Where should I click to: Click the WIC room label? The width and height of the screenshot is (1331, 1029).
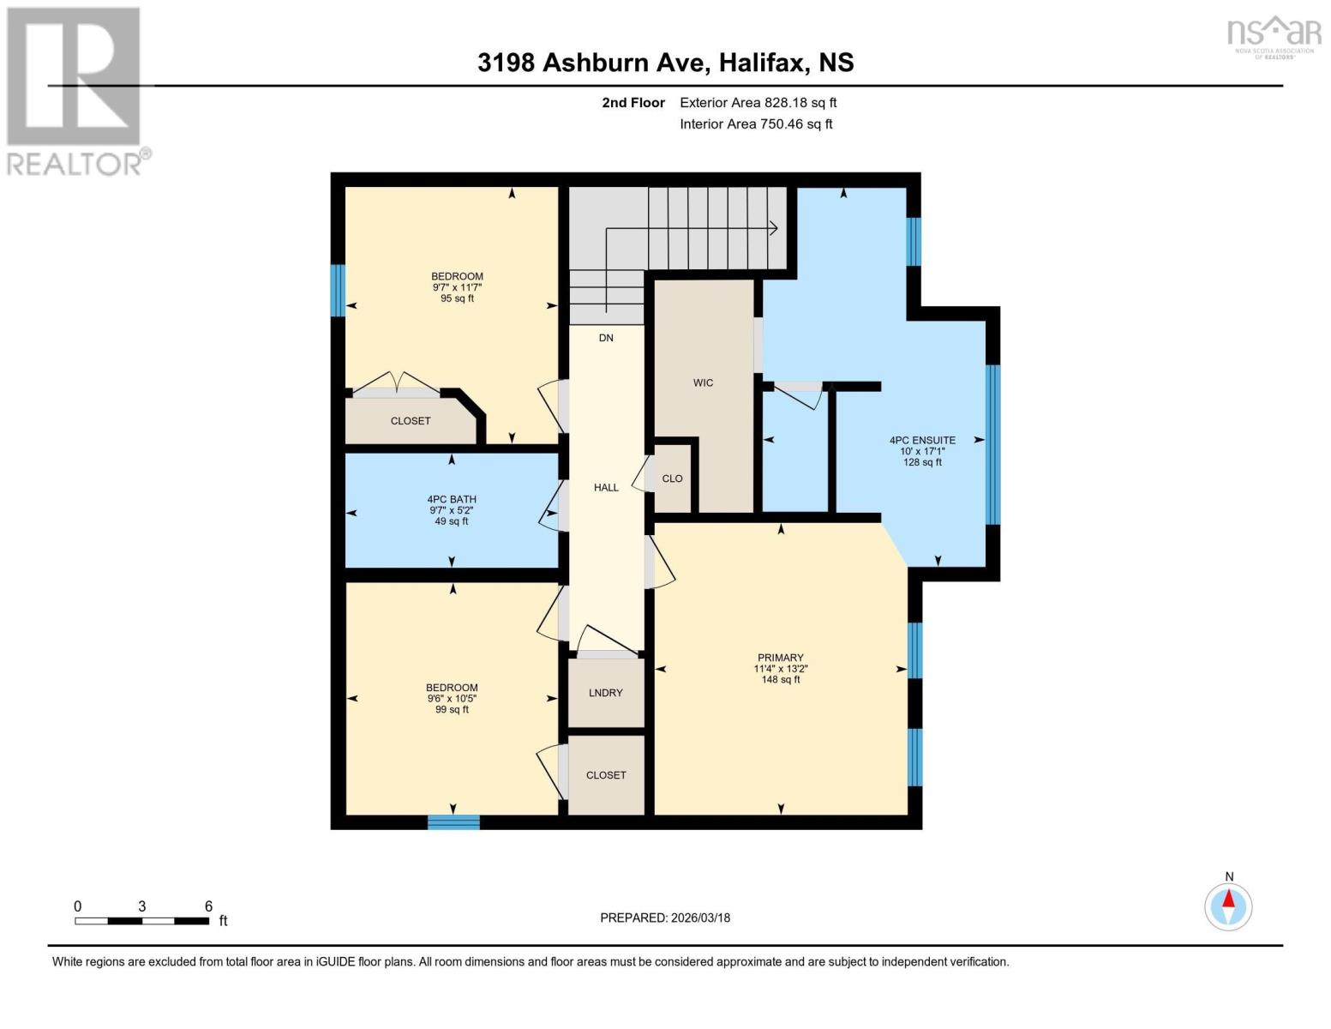click(703, 382)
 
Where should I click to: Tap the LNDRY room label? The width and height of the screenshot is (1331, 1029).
click(605, 693)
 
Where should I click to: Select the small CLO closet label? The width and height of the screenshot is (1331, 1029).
click(672, 478)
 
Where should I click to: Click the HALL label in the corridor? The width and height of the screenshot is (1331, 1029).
click(606, 487)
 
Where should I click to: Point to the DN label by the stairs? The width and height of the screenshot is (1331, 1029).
click(606, 338)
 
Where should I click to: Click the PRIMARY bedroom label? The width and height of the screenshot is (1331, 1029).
click(780, 658)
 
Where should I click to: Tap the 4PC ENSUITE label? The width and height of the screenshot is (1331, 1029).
click(922, 440)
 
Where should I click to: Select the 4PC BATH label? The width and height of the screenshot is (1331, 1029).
click(452, 499)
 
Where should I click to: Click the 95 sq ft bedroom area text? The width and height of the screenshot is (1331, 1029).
click(457, 298)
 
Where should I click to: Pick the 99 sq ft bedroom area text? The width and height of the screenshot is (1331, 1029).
click(452, 709)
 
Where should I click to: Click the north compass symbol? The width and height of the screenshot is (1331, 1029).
click(1228, 906)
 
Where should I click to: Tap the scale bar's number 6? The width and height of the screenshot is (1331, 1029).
click(208, 906)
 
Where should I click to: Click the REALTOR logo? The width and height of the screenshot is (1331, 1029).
click(75, 91)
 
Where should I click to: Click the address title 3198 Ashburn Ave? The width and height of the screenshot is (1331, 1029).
click(665, 63)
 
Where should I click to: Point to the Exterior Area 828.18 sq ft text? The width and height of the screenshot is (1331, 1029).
click(758, 103)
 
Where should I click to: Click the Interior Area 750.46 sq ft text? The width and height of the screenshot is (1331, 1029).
click(756, 124)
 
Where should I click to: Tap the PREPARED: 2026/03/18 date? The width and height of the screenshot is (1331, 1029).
click(665, 918)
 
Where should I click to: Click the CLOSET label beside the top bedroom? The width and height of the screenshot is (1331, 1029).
click(411, 421)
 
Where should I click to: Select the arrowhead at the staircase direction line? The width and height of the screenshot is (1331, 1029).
click(773, 228)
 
